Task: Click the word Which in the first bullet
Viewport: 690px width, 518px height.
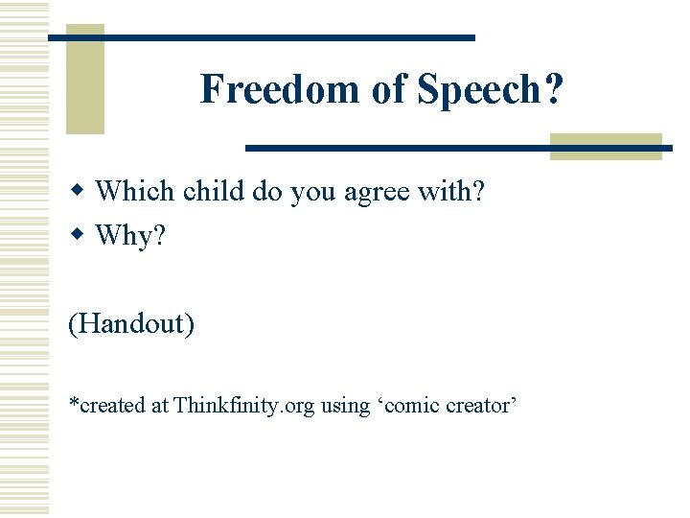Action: [x=135, y=192]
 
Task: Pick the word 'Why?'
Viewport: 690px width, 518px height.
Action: [x=131, y=236]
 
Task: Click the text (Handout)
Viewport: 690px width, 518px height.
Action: [x=131, y=323]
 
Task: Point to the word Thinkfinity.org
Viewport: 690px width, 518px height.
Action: [x=243, y=406]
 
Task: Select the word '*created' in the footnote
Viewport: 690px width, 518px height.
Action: [x=106, y=406]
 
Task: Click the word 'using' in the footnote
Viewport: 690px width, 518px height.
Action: [x=344, y=407]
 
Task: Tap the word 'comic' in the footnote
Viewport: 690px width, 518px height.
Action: [x=406, y=406]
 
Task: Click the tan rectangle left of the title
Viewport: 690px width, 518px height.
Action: [x=84, y=79]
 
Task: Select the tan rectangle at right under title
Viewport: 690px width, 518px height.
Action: [x=606, y=145]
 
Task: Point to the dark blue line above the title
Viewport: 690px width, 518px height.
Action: [x=261, y=36]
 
